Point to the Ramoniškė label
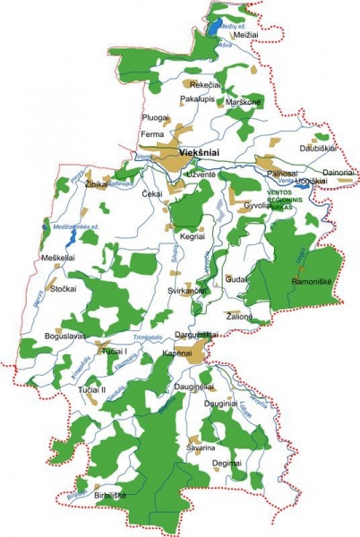click(x=312, y=280)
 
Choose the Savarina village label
click(x=201, y=447)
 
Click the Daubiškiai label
click(x=318, y=147)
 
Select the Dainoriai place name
click(x=339, y=171)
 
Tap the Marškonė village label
click(x=244, y=102)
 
